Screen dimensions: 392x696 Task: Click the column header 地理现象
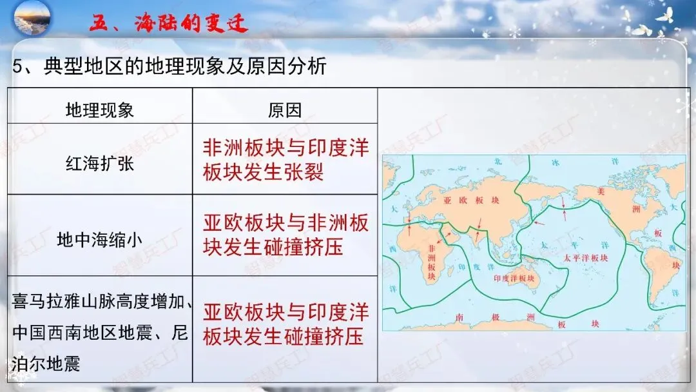(100, 110)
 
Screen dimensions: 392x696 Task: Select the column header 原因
(284, 110)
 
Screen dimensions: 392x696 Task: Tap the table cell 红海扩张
(100, 164)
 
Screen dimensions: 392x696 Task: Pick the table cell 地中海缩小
(100, 240)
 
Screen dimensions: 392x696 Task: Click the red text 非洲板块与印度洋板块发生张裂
(285, 160)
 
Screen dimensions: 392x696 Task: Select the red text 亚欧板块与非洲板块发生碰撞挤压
(285, 235)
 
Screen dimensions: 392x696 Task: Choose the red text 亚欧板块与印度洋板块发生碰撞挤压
(285, 324)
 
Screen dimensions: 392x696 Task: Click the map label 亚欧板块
(471, 201)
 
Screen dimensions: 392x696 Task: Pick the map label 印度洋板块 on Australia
(514, 279)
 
